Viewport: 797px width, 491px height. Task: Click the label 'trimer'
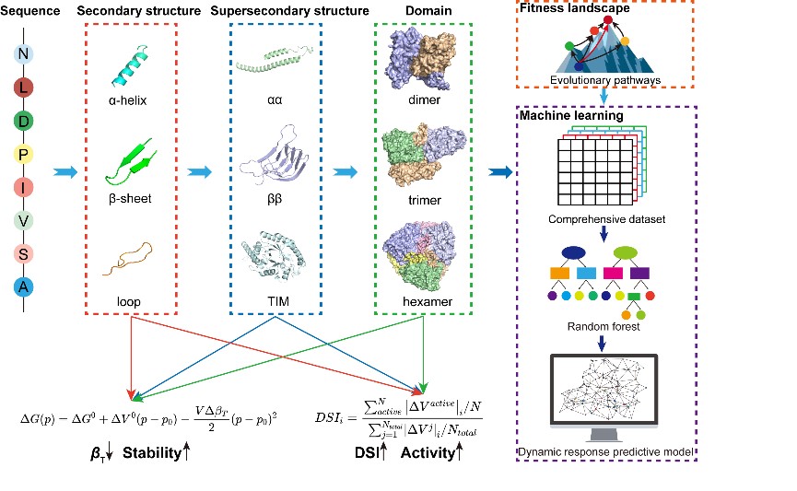(423, 199)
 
